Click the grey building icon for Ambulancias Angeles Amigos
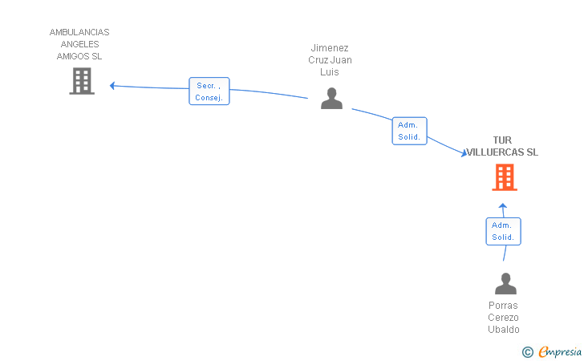point(82,81)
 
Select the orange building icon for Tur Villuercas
point(504,177)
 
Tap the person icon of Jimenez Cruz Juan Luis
point(331,99)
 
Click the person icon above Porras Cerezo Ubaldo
point(505,284)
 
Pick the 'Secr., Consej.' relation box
point(209,91)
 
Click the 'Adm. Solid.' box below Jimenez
point(409,131)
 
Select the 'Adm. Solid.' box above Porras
point(503,231)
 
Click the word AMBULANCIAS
point(79,33)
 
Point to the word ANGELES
point(79,44)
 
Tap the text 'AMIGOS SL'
point(79,56)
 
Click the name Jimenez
point(330,48)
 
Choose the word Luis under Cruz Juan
point(330,72)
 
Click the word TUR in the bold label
point(502,140)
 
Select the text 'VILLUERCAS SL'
point(504,152)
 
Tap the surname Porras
point(503,306)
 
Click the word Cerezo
point(503,318)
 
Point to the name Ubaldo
point(503,330)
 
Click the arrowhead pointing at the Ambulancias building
point(113,86)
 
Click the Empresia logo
point(560,351)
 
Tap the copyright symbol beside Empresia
point(527,351)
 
